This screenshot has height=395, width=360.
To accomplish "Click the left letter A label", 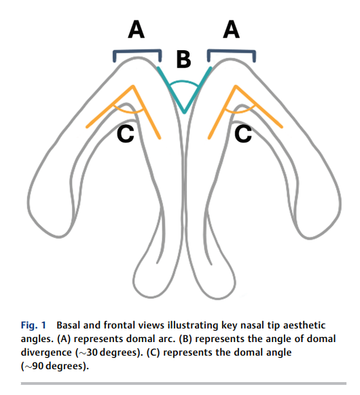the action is coord(136,29).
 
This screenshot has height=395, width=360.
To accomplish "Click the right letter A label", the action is coord(231,29).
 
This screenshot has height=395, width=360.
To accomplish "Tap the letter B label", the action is coord(183,60).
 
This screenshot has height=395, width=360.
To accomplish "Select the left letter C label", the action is coord(126,134).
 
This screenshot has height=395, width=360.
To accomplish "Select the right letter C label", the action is coord(243,134).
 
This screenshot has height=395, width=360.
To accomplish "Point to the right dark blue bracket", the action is coord(232,52).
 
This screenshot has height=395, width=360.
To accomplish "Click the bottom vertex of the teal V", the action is coord(184,113).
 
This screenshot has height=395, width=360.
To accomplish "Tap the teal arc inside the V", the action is coord(183,82).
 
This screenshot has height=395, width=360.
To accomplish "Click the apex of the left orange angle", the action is coord(133,87).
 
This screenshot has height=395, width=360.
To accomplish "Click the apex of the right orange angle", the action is coord(236,87).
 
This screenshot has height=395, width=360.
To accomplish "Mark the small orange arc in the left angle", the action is coord(128,111).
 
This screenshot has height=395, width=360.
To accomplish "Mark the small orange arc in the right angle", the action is coord(240,111).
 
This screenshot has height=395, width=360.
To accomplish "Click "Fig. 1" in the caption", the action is coord(33,325).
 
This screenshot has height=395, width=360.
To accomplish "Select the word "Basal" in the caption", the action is coord(69,325).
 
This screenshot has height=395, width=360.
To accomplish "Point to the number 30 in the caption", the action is coord(92,352).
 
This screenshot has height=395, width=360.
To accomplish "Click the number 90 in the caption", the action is coord(38,366).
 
